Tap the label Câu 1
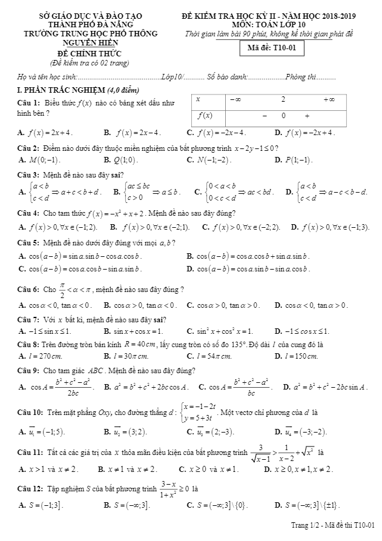click(28, 103)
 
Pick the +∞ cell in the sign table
click(329, 99)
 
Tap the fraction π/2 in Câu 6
click(62, 288)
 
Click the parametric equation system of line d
click(208, 413)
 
